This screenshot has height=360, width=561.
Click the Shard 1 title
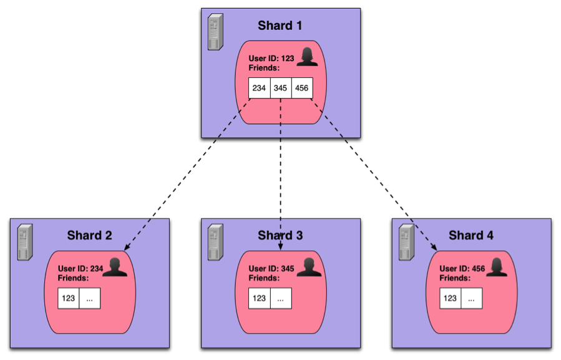point(280,26)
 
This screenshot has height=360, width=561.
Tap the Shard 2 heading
point(89,235)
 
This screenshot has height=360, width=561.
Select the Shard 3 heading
point(280,235)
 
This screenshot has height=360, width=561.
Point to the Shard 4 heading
point(471,235)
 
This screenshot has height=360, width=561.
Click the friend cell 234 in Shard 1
point(259,88)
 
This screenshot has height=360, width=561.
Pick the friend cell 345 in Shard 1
point(280,88)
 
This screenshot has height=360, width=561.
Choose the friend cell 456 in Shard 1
point(301,88)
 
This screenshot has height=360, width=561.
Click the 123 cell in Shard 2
point(69,298)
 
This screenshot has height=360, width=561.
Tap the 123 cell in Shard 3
point(260,298)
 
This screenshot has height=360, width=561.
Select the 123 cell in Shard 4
point(450,298)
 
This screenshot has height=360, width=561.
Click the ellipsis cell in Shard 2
point(89,298)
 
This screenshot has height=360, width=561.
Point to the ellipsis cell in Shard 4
point(471,298)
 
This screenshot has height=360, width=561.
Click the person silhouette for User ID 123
point(307,57)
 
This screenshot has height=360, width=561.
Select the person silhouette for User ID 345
point(309,267)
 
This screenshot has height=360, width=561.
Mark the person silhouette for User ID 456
point(499,267)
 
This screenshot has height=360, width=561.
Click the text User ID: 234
point(79,269)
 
